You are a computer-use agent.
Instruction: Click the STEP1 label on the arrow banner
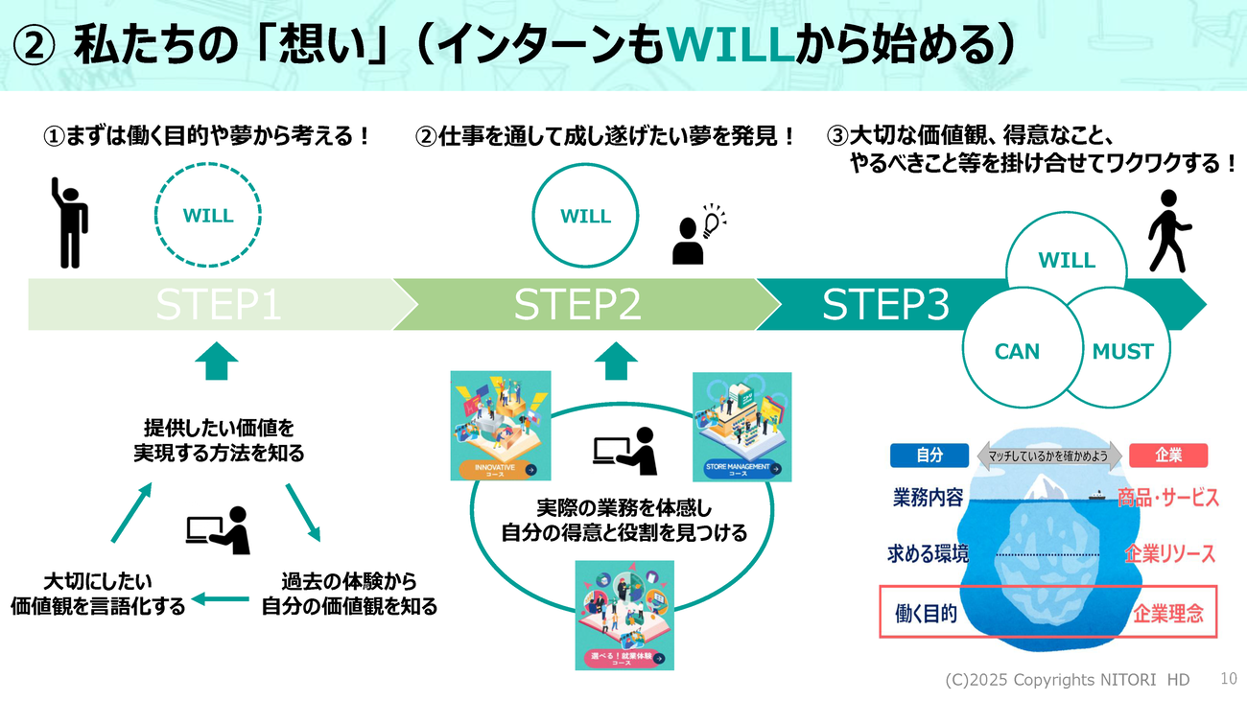(219, 304)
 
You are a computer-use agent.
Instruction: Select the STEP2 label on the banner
(577, 304)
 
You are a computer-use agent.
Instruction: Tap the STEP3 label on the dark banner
(885, 304)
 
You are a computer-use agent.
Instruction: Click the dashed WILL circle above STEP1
(208, 216)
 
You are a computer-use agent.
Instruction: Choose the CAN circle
(1017, 352)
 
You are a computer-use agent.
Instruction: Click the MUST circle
(1122, 352)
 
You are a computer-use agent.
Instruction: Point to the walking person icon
(1168, 230)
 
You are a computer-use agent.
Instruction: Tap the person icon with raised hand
(69, 222)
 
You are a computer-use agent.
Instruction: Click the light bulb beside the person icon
(712, 222)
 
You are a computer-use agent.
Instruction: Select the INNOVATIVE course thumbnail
(501, 425)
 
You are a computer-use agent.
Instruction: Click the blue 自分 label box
(929, 456)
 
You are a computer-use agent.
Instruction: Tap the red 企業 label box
(1168, 456)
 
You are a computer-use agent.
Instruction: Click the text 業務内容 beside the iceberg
(928, 498)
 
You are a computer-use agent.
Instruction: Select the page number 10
(1229, 678)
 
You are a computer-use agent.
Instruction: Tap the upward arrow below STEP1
(217, 361)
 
